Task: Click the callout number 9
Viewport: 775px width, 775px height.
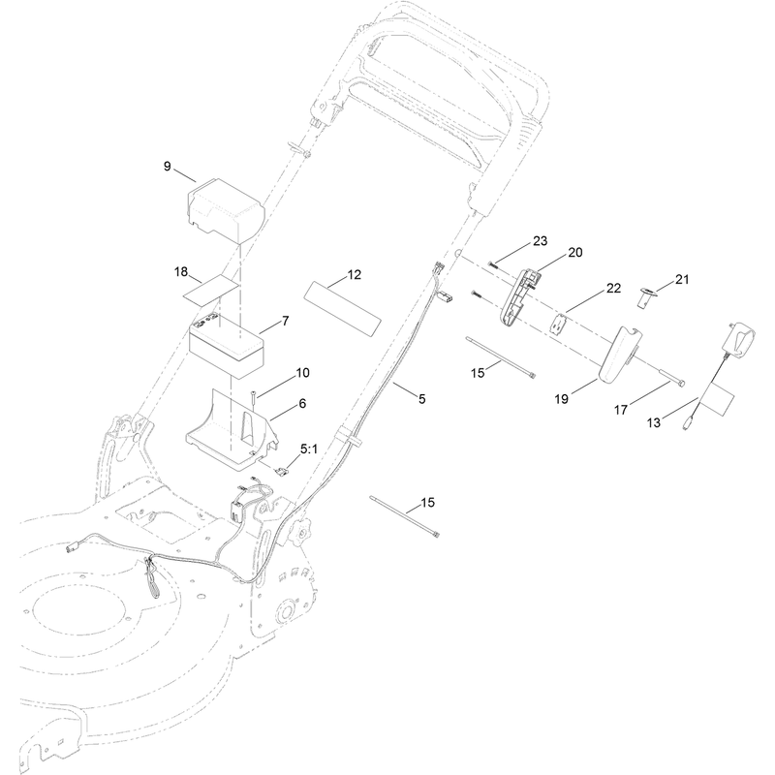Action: (x=167, y=167)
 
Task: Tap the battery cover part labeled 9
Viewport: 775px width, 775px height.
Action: (x=226, y=211)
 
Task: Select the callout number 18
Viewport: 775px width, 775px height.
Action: (x=181, y=272)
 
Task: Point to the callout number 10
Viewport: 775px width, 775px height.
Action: (x=302, y=373)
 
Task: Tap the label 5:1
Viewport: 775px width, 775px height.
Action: (x=309, y=449)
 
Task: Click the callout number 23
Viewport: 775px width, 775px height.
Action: (x=541, y=240)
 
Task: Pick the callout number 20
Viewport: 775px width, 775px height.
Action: (x=575, y=253)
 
